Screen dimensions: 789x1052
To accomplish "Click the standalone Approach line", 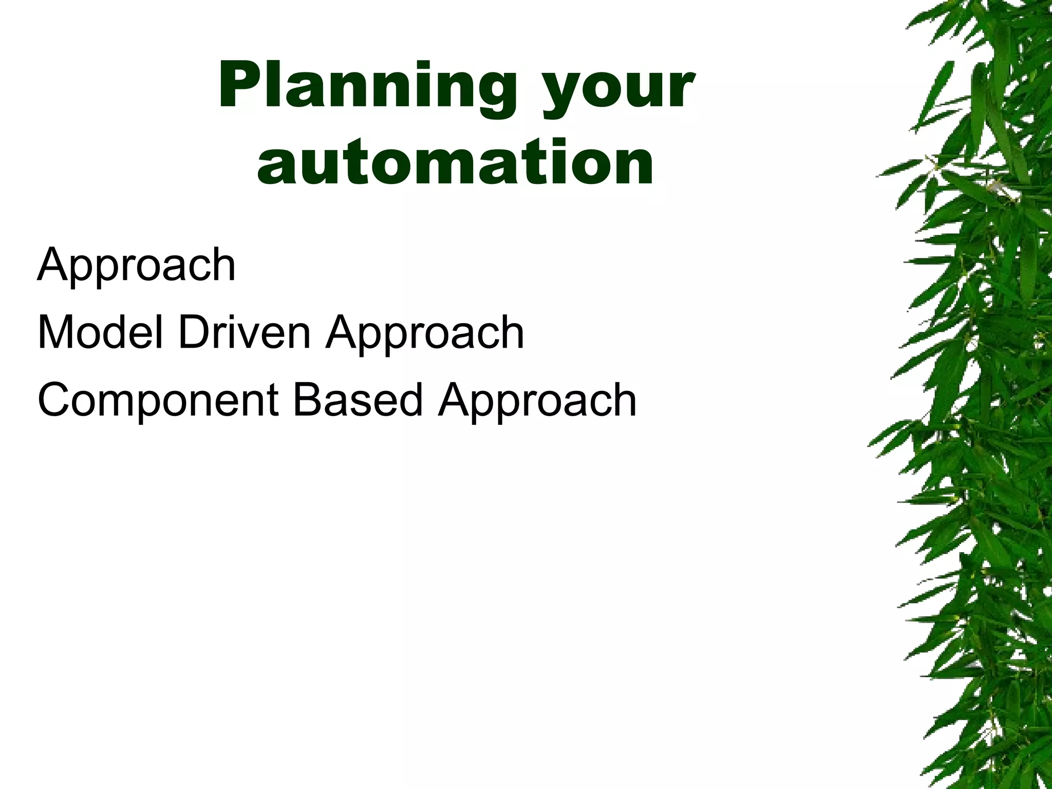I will coord(136,266).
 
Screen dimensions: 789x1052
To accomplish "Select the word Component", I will coord(158,401).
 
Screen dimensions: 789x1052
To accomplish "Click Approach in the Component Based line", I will coord(537,401).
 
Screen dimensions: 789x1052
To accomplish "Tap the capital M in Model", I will coord(56,332).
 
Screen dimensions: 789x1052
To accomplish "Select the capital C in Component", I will coord(54,400).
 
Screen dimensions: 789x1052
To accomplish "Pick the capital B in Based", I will coord(308,400).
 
